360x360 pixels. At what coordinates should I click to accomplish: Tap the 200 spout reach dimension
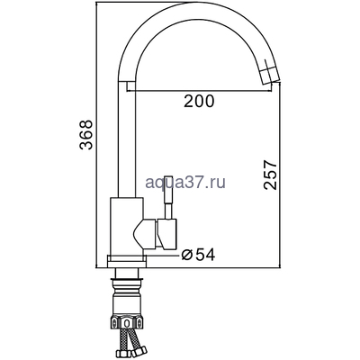coord(199,102)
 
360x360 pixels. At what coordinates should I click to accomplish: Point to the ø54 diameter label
coord(198,255)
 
